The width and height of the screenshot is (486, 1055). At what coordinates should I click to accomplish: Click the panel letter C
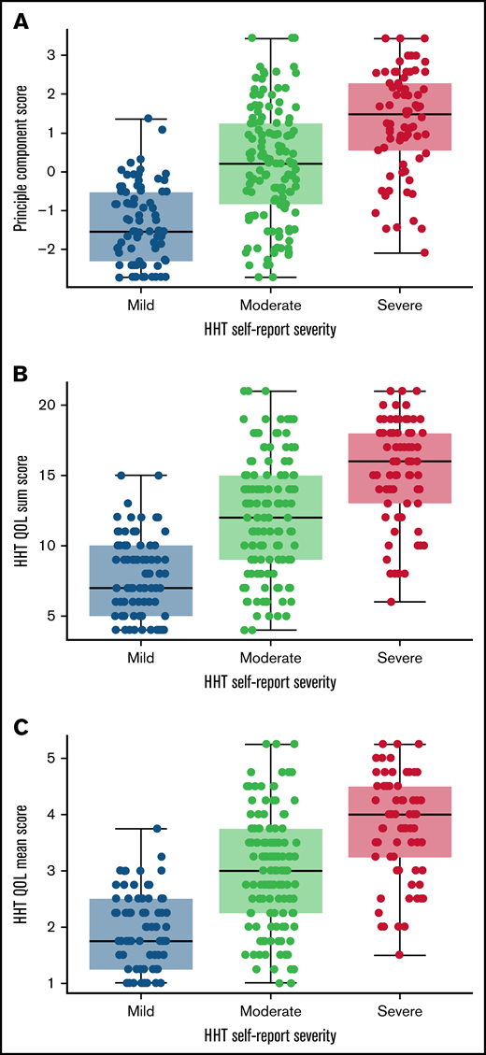(x=19, y=727)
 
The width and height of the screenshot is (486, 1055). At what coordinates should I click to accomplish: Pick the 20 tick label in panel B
(x=51, y=405)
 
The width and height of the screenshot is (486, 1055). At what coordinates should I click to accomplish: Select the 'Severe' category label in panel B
(x=400, y=660)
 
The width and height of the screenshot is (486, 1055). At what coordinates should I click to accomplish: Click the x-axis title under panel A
(x=271, y=330)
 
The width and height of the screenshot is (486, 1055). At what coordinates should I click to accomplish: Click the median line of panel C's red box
(x=400, y=815)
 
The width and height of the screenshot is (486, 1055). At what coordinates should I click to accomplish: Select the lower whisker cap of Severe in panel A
(x=400, y=253)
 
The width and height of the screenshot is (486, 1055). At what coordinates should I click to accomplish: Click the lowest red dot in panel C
(x=399, y=954)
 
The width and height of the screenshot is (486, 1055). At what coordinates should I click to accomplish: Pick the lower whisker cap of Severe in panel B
(x=400, y=602)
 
